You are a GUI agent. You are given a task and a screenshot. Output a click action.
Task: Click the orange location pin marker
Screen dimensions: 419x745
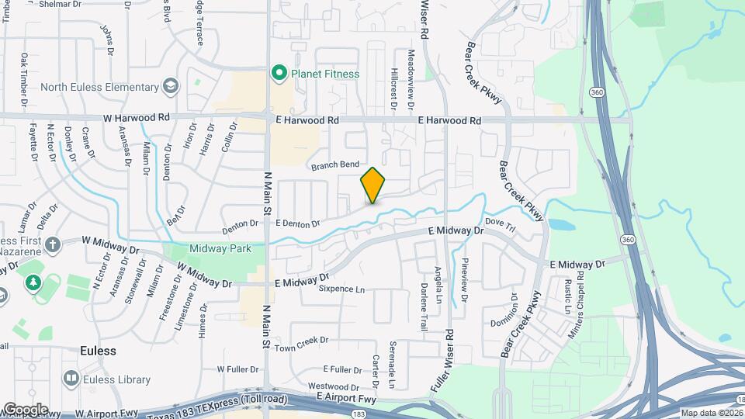(373, 185)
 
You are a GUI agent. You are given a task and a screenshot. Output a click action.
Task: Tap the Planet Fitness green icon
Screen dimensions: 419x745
(279, 74)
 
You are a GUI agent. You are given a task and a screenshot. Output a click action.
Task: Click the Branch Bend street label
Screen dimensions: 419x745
(335, 165)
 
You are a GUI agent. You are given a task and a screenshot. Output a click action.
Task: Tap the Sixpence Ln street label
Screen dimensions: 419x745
(341, 289)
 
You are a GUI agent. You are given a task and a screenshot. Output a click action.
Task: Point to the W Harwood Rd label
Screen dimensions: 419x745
(136, 118)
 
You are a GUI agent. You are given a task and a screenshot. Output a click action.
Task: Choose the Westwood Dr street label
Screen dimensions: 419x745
(334, 386)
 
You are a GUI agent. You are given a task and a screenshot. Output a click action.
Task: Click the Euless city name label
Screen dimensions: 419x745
(98, 351)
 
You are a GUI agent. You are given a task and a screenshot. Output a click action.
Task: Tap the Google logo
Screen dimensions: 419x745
(26, 409)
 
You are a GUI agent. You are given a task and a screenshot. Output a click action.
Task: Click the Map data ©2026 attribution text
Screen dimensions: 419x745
(712, 413)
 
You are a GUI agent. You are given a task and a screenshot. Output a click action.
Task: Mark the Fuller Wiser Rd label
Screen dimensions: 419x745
(449, 327)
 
